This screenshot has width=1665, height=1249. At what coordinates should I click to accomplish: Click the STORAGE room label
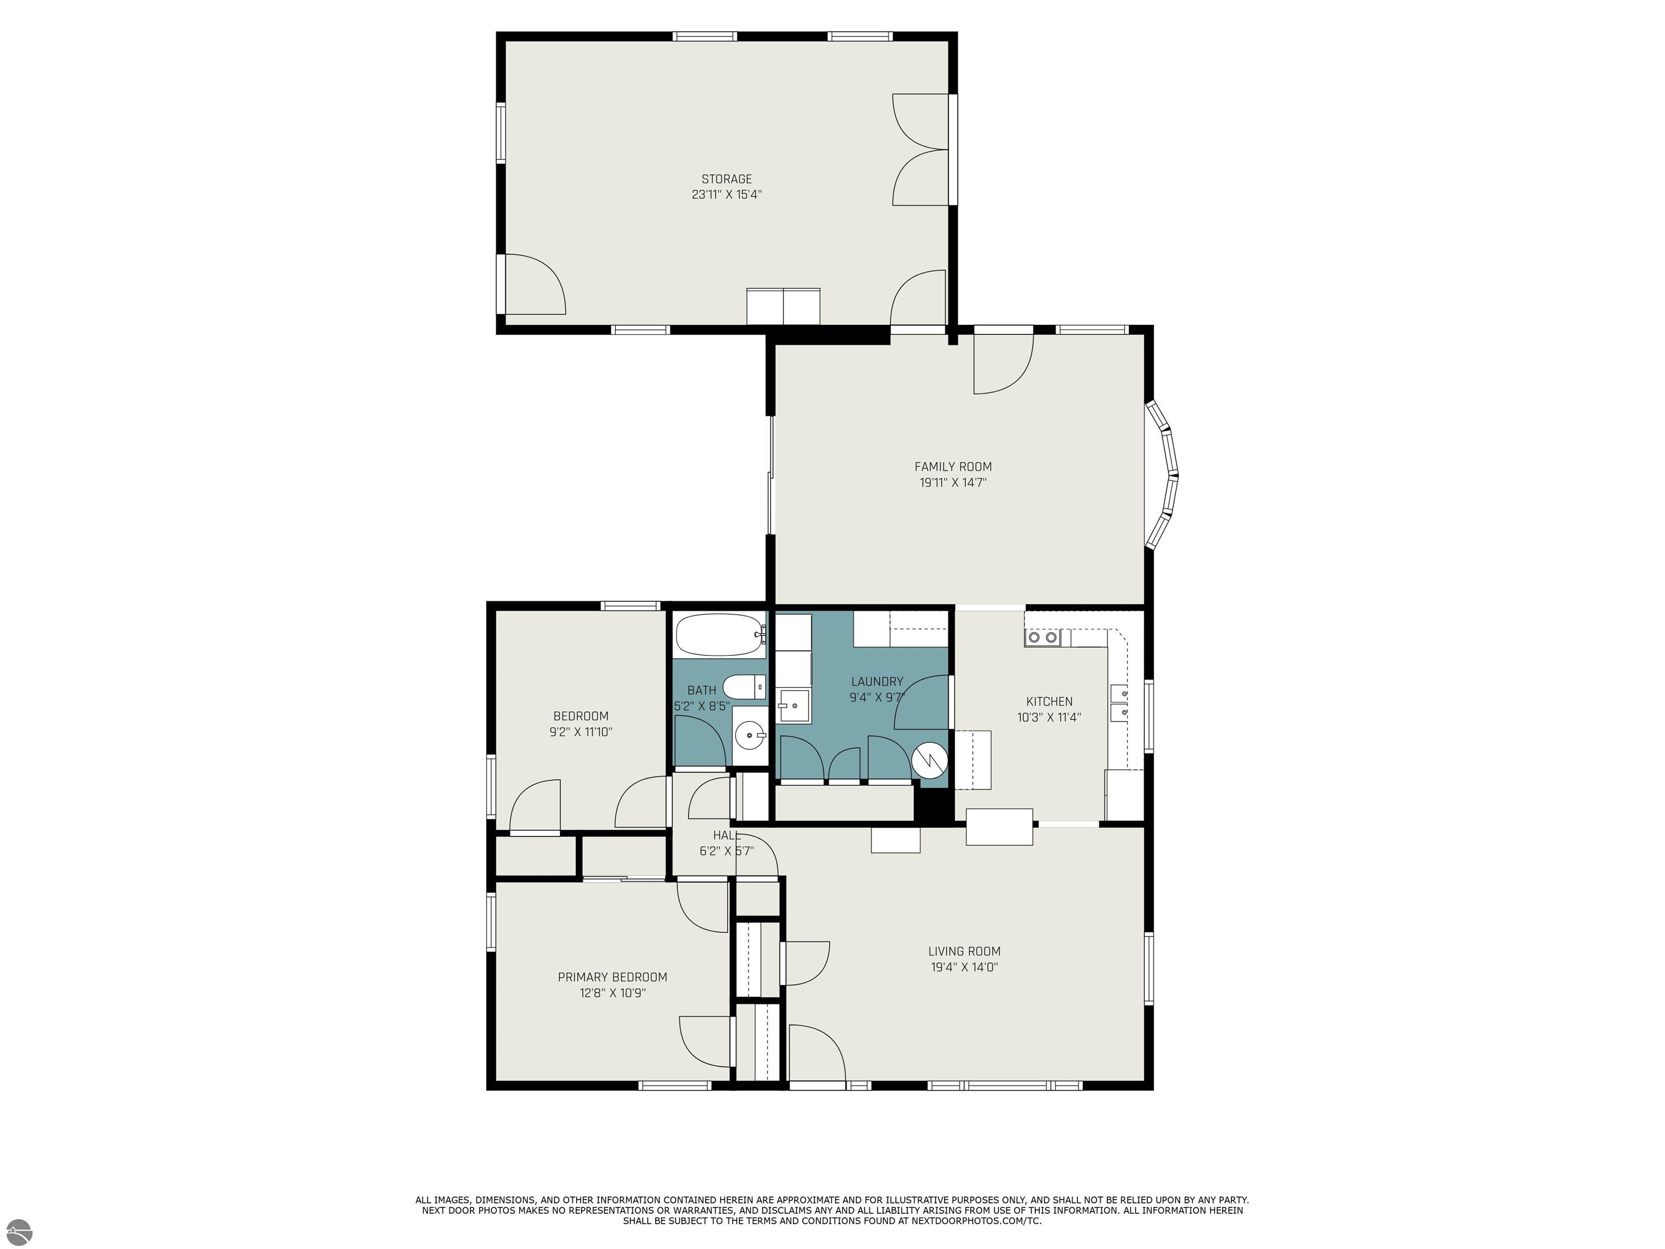(726, 179)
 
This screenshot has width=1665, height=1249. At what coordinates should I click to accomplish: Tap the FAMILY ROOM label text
(953, 467)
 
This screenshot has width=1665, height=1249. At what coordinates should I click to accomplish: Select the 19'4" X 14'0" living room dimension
(964, 968)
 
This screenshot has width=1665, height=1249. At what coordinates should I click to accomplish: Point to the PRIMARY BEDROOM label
(612, 977)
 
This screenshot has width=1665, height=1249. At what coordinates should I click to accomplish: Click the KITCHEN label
(1049, 701)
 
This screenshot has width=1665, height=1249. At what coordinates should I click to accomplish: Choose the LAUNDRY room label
(877, 682)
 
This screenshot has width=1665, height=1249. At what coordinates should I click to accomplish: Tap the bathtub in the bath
(720, 635)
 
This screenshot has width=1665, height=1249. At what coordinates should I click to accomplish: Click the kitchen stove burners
(1042, 638)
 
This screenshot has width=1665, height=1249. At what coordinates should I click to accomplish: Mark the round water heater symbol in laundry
(927, 761)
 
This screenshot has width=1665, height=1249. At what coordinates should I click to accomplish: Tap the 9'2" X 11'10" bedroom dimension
(580, 732)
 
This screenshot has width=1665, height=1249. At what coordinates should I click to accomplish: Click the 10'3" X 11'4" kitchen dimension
(1049, 718)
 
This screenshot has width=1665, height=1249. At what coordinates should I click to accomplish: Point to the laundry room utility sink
(793, 705)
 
